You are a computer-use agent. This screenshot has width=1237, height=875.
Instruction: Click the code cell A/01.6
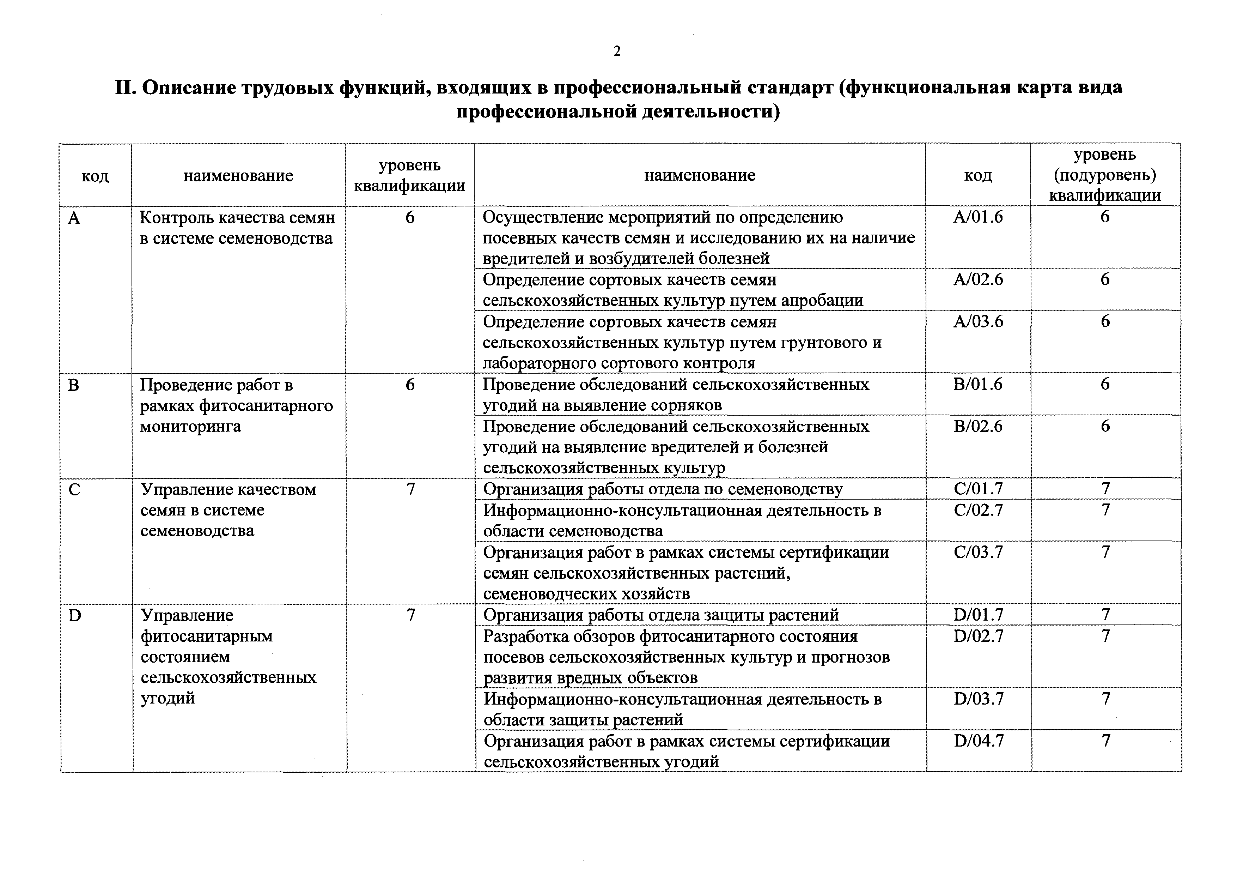pyautogui.click(x=978, y=217)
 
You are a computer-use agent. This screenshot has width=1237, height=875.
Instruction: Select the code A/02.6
pyautogui.click(x=978, y=280)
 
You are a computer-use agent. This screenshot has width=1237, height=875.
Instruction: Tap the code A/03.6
pyautogui.click(x=978, y=322)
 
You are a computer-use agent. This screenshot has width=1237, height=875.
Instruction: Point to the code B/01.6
pyautogui.click(x=978, y=384)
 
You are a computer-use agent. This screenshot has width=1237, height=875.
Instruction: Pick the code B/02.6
pyautogui.click(x=978, y=427)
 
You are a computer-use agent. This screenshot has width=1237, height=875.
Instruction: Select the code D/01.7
pyautogui.click(x=979, y=615)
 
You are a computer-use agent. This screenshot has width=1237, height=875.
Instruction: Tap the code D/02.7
pyautogui.click(x=979, y=636)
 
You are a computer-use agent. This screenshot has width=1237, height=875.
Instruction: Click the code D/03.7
pyautogui.click(x=979, y=699)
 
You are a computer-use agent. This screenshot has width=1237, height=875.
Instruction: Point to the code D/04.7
pyautogui.click(x=979, y=741)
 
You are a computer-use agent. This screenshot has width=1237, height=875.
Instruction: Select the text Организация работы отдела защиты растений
pyautogui.click(x=661, y=615)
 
